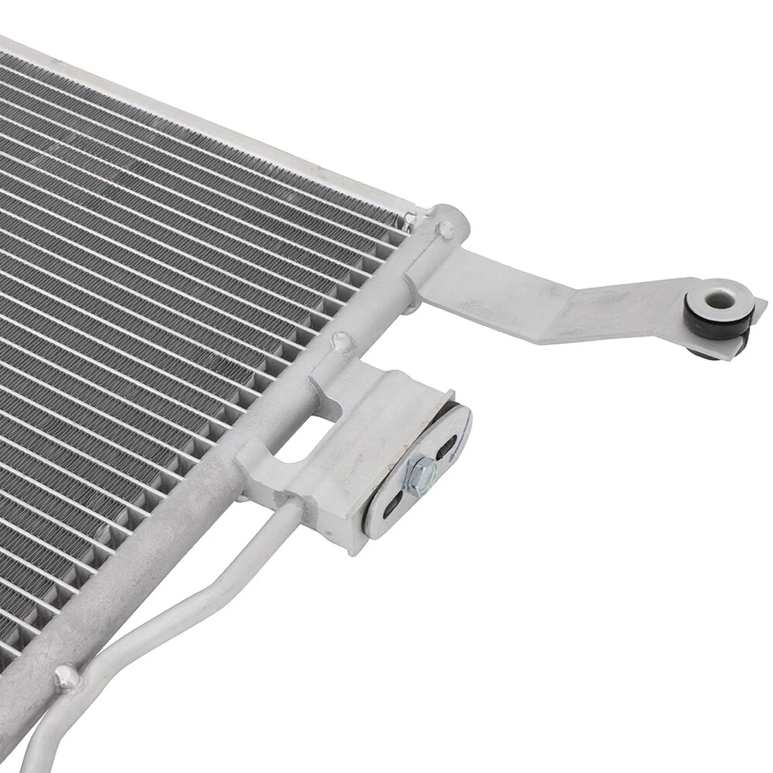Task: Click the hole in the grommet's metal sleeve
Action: [x=718, y=300]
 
